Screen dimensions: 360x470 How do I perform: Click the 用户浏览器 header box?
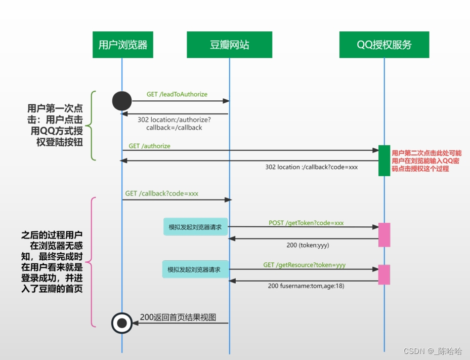click(123, 45)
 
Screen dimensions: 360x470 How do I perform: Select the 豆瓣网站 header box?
click(229, 45)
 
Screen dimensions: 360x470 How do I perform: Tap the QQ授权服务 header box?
click(384, 45)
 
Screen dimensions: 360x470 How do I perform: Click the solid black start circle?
click(122, 101)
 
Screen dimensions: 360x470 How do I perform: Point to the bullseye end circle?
click(121, 323)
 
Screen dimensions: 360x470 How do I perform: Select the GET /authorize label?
click(149, 146)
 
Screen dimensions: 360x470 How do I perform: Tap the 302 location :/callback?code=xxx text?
click(311, 167)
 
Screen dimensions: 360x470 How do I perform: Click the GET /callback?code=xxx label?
click(161, 193)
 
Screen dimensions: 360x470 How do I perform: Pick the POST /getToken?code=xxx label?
click(306, 223)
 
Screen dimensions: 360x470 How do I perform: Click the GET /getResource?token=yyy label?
click(305, 265)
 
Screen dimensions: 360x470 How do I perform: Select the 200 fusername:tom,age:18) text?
click(306, 286)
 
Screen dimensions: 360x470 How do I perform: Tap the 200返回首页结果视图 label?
click(178, 317)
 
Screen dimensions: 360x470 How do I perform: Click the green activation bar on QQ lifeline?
click(384, 161)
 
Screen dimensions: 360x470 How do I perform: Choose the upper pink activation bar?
click(384, 234)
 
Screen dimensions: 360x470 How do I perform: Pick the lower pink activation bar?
click(384, 274)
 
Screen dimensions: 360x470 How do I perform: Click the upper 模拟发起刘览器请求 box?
click(195, 227)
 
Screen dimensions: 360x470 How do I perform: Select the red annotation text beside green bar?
click(426, 161)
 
